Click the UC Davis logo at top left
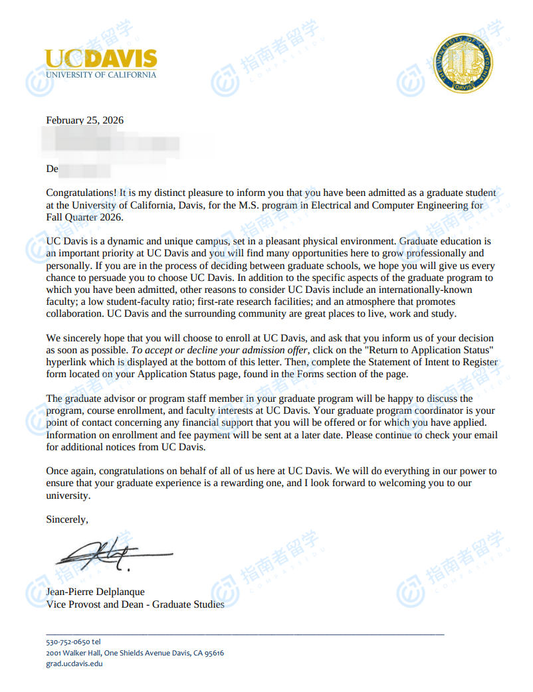[x=101, y=63]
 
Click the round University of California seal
[x=463, y=64]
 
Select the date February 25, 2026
[x=84, y=120]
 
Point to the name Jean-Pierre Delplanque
[x=95, y=592]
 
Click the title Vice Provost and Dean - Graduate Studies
[x=135, y=604]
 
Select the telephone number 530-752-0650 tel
[x=73, y=642]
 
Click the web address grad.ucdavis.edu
[x=74, y=663]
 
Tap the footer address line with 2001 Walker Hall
[x=135, y=653]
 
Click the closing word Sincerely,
[x=66, y=519]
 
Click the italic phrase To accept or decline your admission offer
[x=220, y=349]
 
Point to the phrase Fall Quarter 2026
[x=84, y=218]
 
